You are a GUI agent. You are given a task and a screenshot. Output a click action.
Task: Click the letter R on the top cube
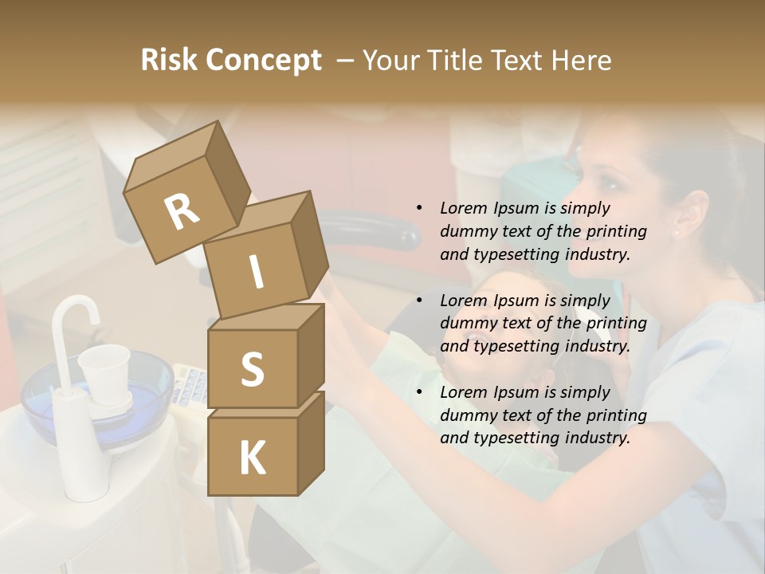[182, 211]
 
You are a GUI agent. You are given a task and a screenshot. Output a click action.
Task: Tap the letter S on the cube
[252, 370]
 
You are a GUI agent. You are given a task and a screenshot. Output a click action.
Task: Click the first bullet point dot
[419, 208]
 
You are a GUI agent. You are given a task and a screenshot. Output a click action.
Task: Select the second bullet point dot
[419, 301]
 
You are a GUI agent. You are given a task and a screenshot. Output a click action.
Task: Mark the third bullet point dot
[419, 392]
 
